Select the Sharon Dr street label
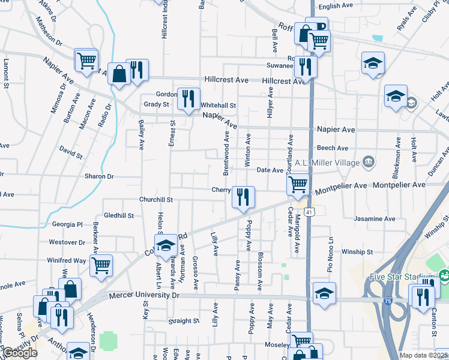coord(99,176)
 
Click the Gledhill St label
coord(118,215)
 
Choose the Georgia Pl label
coord(67,224)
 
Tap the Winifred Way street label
coord(67,260)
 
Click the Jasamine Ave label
coord(375,218)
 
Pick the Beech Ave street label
coord(333,148)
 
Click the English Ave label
coord(336,6)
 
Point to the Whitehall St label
coord(218,105)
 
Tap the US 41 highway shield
coord(309,212)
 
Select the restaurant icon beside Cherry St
coord(243,197)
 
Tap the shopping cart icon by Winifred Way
coord(101,265)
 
